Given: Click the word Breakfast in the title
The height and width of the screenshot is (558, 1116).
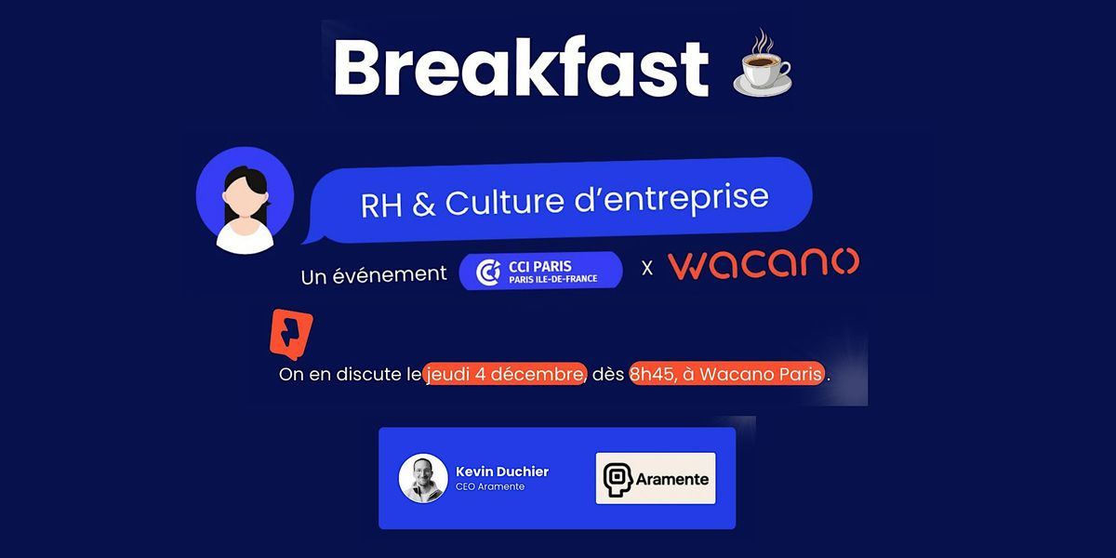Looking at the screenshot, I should tap(521, 67).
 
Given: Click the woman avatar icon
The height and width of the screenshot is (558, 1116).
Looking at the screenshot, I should tap(245, 200).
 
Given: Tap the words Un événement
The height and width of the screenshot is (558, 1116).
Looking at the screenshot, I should tap(373, 275).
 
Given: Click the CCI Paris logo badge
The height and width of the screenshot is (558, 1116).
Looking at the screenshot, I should tap(541, 271).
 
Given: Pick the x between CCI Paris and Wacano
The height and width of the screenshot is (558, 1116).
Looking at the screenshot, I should tap(647, 269).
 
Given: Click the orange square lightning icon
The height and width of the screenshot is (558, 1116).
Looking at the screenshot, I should tap(290, 333).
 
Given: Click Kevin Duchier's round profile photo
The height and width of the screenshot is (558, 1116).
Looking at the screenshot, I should tap(423, 479).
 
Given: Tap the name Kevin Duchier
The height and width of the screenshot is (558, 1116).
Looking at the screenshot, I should tap(502, 472).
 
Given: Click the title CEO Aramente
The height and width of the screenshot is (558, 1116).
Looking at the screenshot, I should tap(490, 487).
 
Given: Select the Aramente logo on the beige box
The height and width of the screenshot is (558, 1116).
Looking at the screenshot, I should tap(656, 478).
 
